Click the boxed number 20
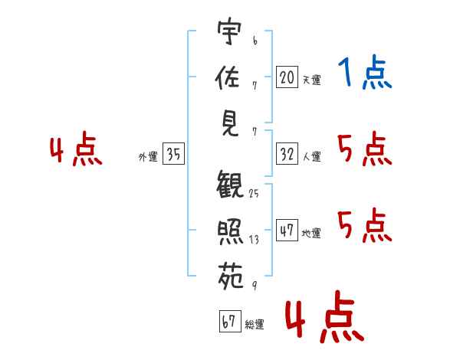click(287, 77)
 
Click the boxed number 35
click(173, 155)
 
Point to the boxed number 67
click(229, 322)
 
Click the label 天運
click(311, 80)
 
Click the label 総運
click(255, 325)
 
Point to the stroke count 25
click(254, 194)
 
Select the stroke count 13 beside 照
click(254, 239)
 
